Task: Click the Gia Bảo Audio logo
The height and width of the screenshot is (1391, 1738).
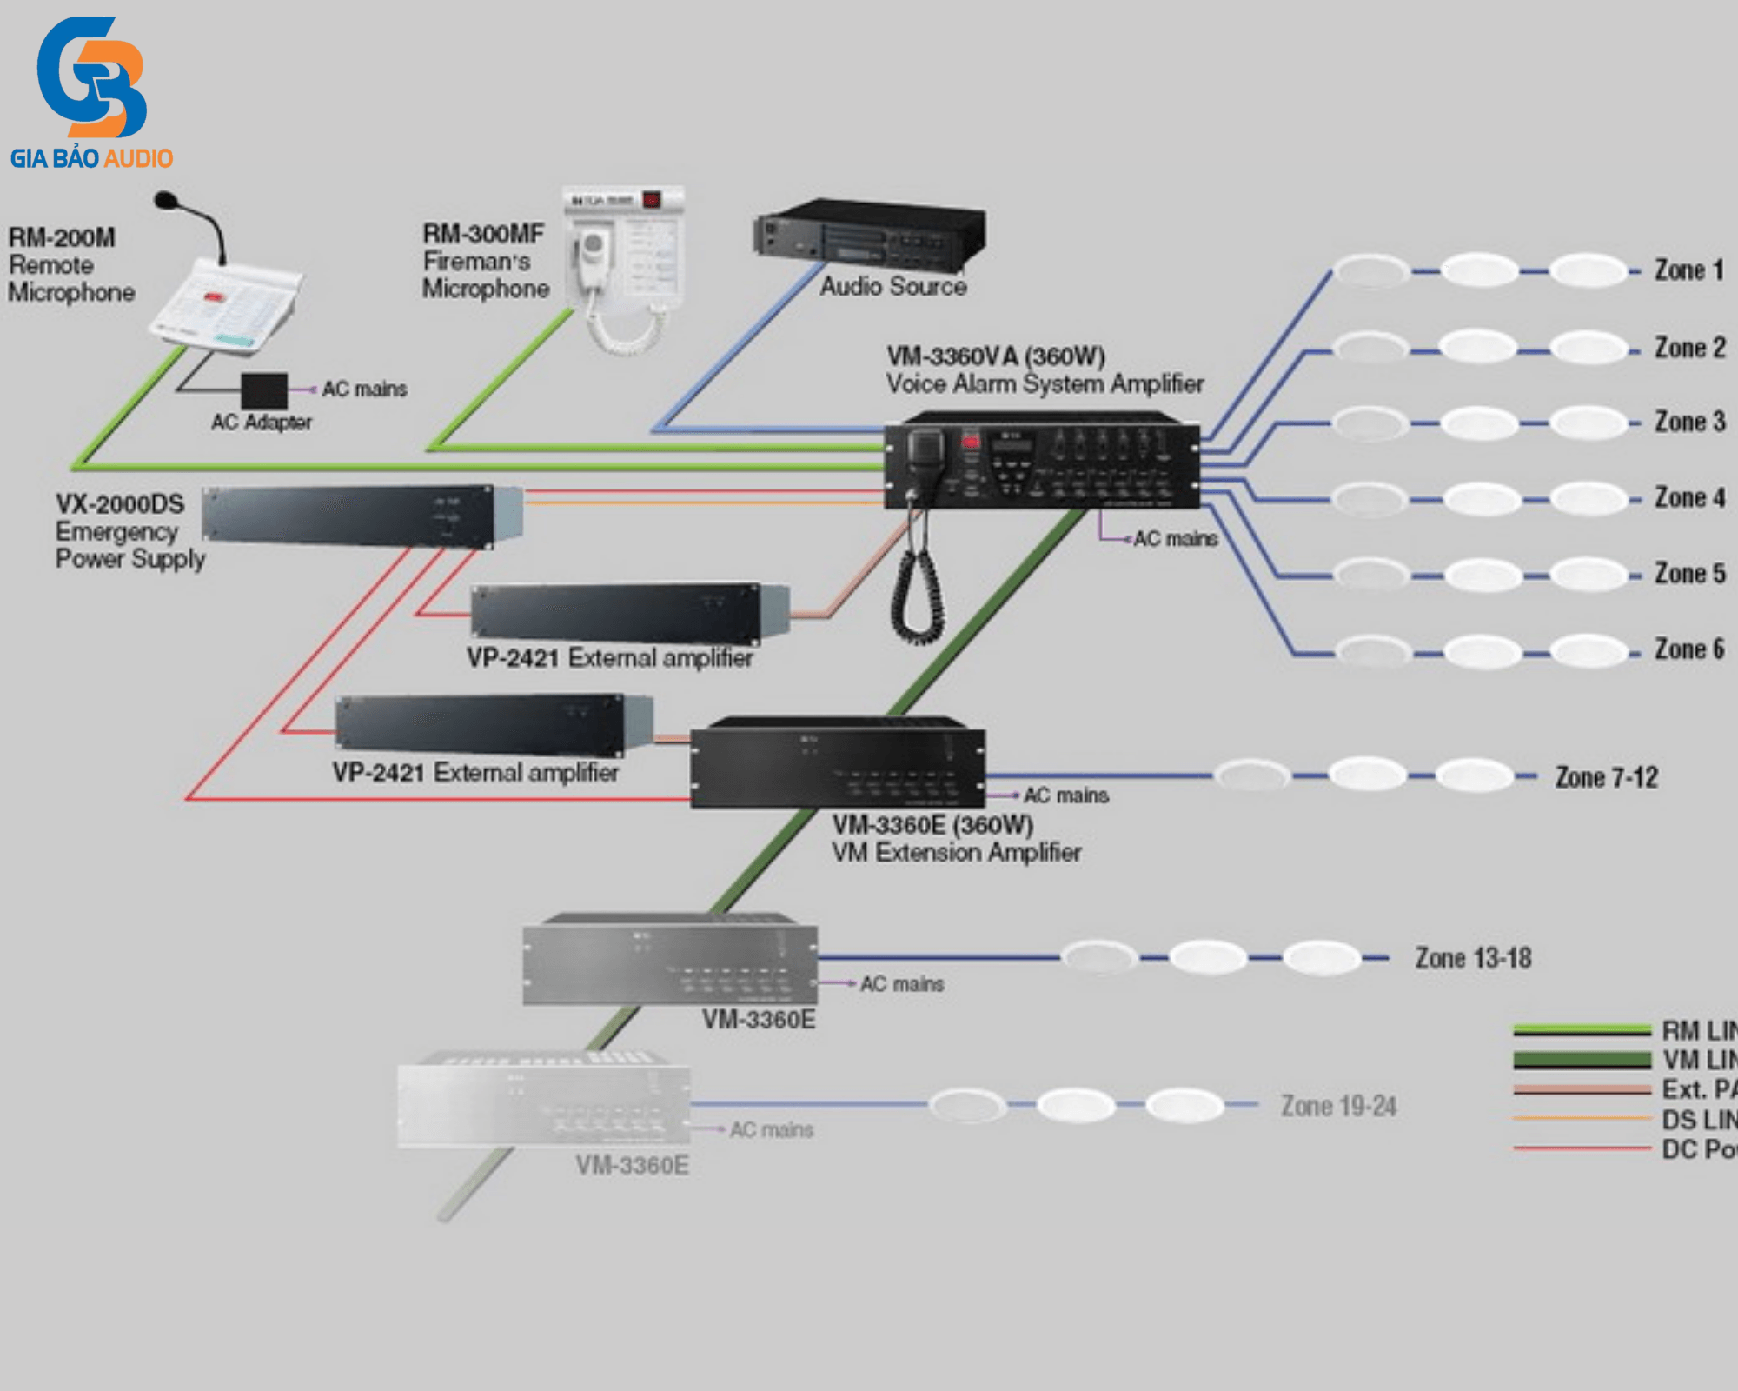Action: click(x=91, y=91)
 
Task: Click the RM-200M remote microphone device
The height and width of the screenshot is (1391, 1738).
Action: click(x=226, y=304)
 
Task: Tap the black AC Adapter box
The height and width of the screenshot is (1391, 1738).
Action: click(x=264, y=390)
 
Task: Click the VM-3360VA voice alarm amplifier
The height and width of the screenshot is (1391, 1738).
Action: click(x=1041, y=461)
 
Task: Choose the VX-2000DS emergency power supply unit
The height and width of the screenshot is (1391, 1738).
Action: click(x=361, y=516)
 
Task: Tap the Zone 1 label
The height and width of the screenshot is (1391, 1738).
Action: click(x=1688, y=270)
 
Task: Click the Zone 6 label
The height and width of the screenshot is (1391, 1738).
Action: click(x=1688, y=649)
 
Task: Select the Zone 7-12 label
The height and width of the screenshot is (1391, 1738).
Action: click(x=1606, y=777)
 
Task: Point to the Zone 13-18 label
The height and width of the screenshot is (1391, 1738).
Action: click(x=1473, y=958)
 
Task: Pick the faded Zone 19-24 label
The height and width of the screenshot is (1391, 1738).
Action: click(x=1338, y=1106)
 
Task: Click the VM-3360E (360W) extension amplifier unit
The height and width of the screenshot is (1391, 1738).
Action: click(x=838, y=763)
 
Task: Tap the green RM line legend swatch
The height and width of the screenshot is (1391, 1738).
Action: click(x=1582, y=1030)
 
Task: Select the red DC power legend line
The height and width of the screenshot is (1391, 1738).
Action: click(x=1582, y=1148)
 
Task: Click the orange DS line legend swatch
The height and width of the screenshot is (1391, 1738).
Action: click(x=1582, y=1119)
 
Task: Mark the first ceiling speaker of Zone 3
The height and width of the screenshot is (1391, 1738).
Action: click(x=1370, y=423)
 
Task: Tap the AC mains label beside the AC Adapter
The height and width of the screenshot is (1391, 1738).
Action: click(x=364, y=389)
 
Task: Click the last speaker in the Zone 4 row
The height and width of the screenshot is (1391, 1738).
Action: click(x=1589, y=499)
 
